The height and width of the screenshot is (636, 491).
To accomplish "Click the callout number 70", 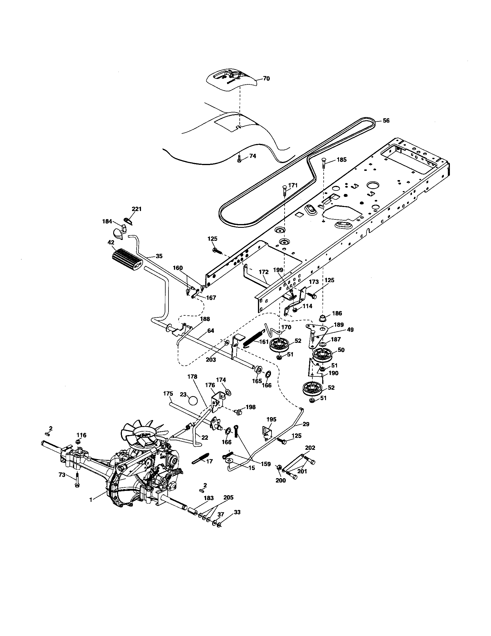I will [x=266, y=79].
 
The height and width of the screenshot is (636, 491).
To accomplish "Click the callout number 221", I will [x=136, y=209].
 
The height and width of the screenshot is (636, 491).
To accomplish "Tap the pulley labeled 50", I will [x=322, y=355].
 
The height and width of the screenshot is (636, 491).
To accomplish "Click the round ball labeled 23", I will [x=193, y=401].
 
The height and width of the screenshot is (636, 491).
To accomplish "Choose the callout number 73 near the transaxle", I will [x=62, y=475].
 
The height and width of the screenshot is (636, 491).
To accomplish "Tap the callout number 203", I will [x=211, y=360].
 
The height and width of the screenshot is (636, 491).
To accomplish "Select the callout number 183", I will [x=209, y=498].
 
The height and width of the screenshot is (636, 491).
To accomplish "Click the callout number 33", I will [x=237, y=512].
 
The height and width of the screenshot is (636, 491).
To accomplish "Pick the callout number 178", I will [x=192, y=376].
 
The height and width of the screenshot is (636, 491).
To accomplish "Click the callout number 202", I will [x=310, y=448].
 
